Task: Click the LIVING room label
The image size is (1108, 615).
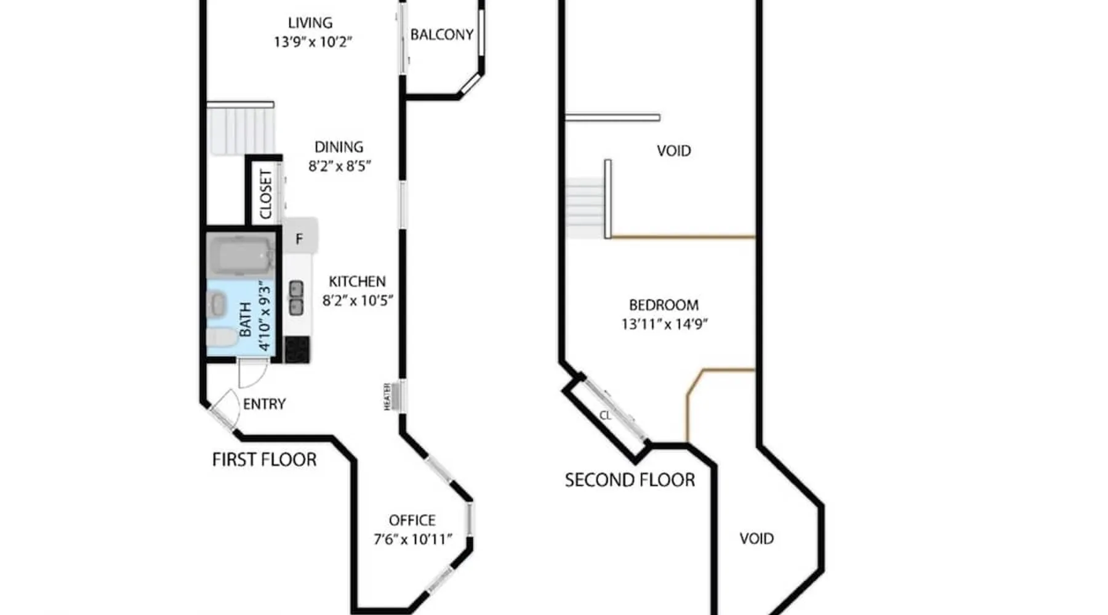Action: [x=310, y=23]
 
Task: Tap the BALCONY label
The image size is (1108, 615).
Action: [x=442, y=34]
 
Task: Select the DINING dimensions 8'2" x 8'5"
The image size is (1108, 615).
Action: [x=339, y=166]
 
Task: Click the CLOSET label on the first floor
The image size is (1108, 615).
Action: [x=265, y=194]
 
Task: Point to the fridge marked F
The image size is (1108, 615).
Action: [x=300, y=236]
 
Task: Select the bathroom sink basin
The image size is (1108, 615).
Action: [x=217, y=304]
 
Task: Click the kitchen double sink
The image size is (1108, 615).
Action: [x=296, y=298]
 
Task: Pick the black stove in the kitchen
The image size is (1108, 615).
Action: [x=297, y=349]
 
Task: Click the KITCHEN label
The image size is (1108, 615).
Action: [x=357, y=282]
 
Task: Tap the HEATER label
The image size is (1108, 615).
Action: [x=387, y=397]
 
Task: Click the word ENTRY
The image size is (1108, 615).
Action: [x=264, y=404]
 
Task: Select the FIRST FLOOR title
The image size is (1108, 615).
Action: [x=264, y=459]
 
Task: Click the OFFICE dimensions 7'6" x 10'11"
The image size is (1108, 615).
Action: [x=412, y=539]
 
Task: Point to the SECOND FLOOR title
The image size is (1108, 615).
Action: [x=630, y=480]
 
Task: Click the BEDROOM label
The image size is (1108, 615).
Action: [x=664, y=305]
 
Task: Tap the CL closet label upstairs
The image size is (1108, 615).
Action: [x=605, y=416]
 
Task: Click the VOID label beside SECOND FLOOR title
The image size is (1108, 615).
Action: [x=757, y=539]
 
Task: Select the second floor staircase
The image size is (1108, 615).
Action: [x=584, y=208]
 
